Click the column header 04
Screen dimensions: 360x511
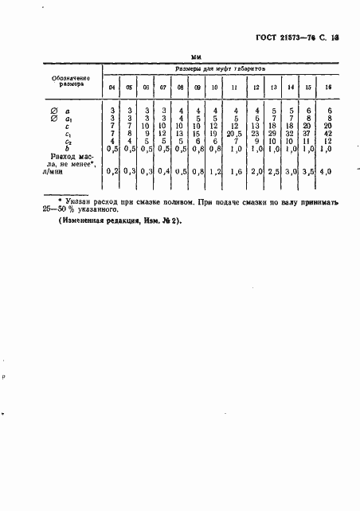point(112,87)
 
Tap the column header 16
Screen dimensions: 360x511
point(329,87)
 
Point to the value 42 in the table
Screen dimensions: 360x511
point(328,134)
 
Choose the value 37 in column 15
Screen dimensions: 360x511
point(310,134)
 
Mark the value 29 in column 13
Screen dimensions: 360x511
point(274,134)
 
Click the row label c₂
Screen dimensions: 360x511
point(69,141)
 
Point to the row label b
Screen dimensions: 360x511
point(69,148)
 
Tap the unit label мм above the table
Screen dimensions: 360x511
point(197,57)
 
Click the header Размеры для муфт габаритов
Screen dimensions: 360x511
point(219,70)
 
